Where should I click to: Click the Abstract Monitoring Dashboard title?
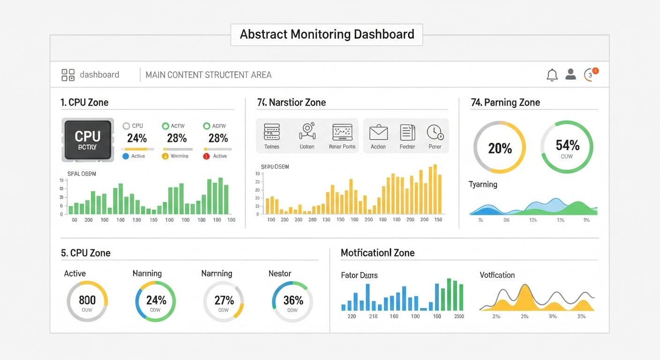tap(327, 35)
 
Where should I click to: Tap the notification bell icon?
tap(552, 75)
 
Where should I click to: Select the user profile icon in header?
tap(570, 74)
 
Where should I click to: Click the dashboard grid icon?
tap(68, 75)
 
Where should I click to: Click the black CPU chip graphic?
tap(88, 140)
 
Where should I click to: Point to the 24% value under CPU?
tap(137, 138)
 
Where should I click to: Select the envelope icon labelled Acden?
tap(378, 133)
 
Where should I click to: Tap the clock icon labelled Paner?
tap(435, 133)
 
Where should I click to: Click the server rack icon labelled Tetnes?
tap(271, 132)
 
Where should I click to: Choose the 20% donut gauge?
tap(500, 147)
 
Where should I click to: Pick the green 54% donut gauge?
tap(567, 147)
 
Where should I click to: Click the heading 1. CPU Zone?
tap(85, 102)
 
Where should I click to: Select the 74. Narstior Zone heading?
tap(291, 102)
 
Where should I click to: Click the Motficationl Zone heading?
tap(377, 253)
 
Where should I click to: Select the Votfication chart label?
tap(497, 275)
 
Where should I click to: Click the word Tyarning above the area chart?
tap(483, 184)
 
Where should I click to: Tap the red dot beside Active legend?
tap(206, 156)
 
